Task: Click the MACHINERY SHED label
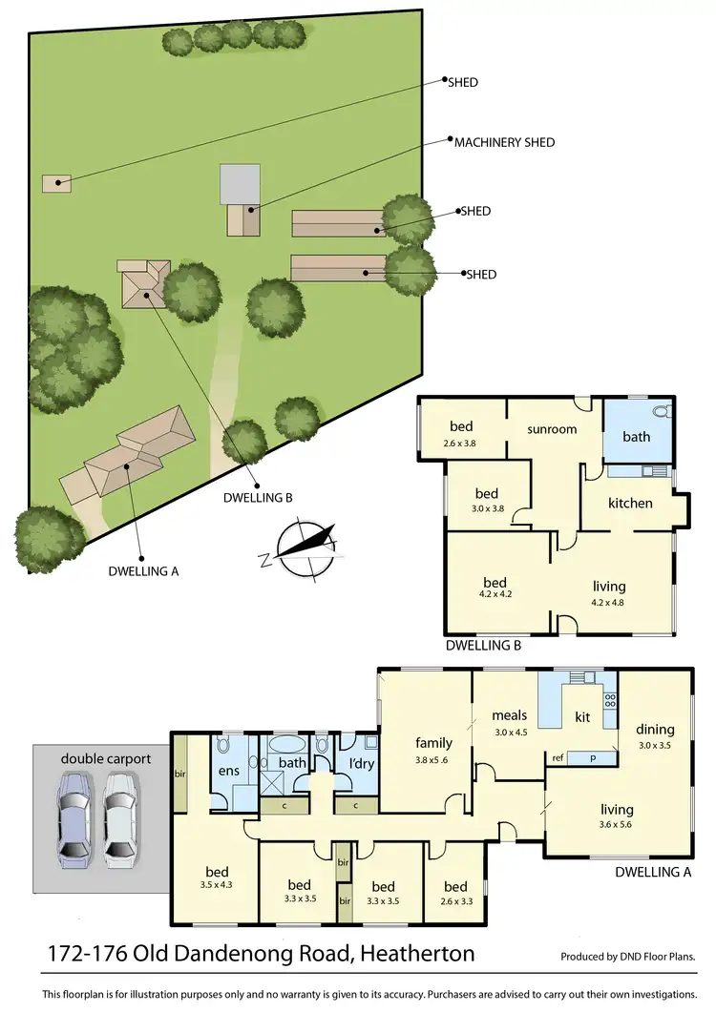click(x=504, y=142)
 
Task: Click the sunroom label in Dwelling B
click(x=553, y=429)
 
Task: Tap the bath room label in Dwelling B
click(x=636, y=437)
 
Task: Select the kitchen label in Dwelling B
click(x=630, y=503)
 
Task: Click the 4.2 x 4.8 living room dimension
click(x=609, y=602)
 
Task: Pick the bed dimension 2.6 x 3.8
click(x=461, y=443)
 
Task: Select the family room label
click(x=433, y=743)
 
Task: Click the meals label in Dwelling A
click(x=511, y=714)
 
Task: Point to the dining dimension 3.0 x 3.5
click(x=655, y=746)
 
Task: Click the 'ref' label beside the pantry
click(x=558, y=758)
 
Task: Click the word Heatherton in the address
click(x=412, y=954)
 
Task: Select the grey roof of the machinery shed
click(x=240, y=183)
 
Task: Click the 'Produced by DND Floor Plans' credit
click(x=627, y=957)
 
